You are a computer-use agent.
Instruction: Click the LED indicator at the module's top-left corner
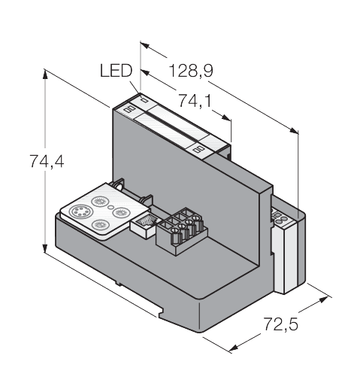129,110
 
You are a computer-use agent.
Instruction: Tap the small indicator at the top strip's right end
199,149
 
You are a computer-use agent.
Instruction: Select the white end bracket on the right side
286,252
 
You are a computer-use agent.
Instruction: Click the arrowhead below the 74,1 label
228,121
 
